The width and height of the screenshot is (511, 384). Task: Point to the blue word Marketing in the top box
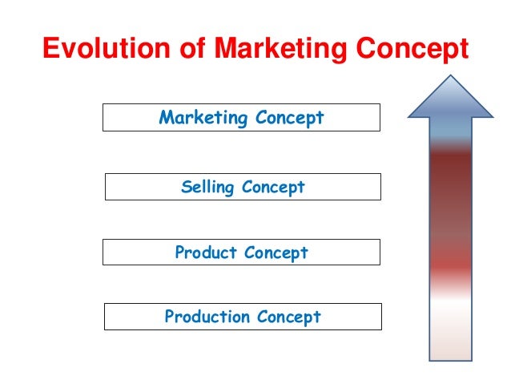[x=204, y=119]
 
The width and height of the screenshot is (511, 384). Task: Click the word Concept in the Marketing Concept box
[x=290, y=119]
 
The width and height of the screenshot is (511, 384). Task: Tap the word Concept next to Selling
[x=274, y=188]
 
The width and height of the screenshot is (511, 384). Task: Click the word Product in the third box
[x=206, y=253]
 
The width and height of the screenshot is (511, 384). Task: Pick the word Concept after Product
[x=276, y=253]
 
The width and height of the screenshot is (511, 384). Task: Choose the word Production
[x=208, y=317]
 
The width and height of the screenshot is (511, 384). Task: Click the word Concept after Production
[x=289, y=317]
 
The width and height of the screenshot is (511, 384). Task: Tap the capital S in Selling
[x=187, y=188]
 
